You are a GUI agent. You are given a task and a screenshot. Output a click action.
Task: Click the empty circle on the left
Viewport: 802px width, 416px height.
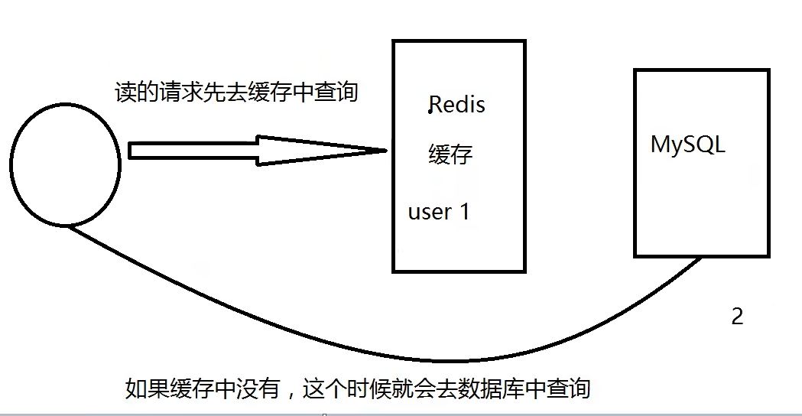(65, 165)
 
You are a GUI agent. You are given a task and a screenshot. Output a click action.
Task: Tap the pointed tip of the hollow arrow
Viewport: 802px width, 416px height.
(385, 151)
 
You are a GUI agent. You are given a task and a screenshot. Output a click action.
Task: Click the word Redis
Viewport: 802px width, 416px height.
(457, 104)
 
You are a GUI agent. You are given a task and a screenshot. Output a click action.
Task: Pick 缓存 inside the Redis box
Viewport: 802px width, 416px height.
(450, 154)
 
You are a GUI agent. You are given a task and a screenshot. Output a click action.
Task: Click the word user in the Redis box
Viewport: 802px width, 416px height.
(430, 212)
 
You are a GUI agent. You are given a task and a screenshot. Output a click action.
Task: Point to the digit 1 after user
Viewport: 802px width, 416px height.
(463, 211)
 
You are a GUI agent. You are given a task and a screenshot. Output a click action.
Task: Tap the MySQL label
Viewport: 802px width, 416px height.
(687, 145)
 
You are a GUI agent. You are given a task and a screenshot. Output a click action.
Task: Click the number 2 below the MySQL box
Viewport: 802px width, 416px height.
(737, 317)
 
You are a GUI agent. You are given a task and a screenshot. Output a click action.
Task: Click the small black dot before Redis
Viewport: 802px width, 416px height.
(430, 112)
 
